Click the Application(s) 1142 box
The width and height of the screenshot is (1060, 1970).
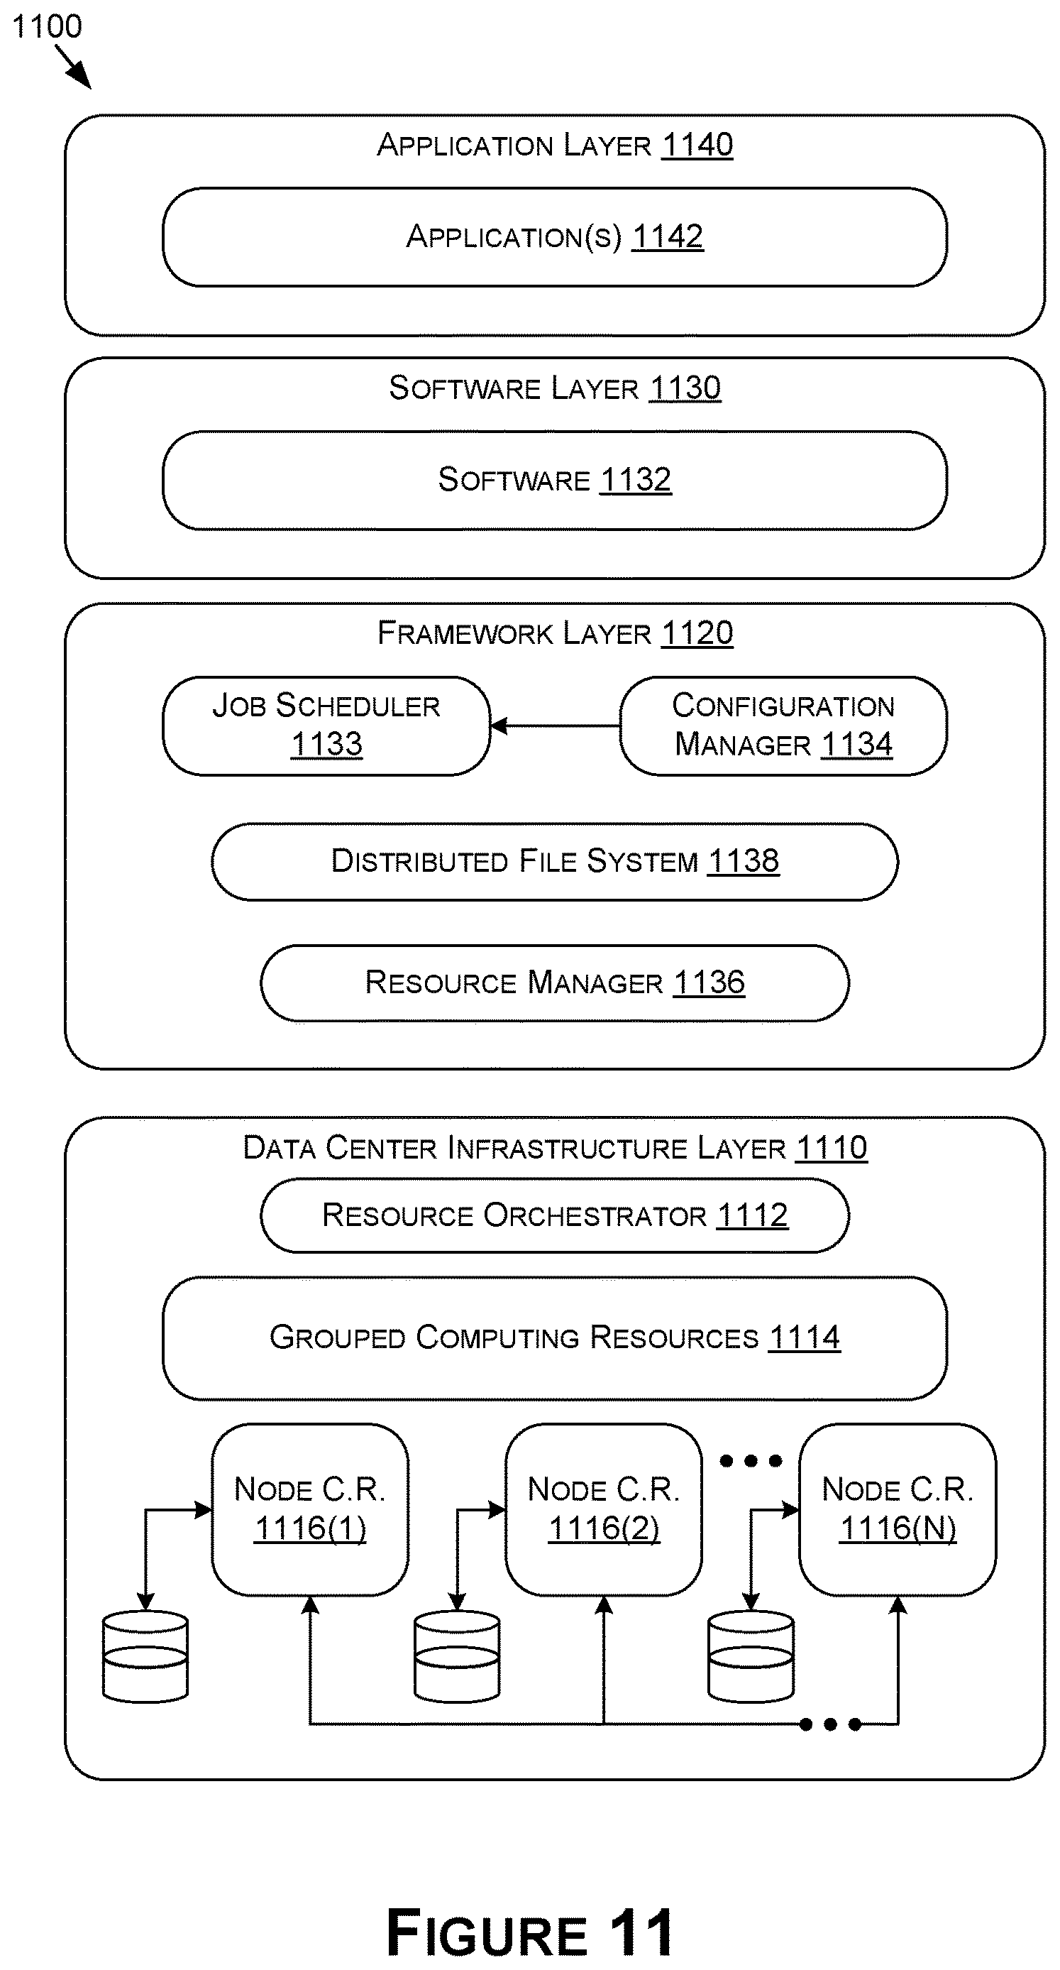point(555,237)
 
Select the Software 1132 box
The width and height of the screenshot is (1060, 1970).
point(555,481)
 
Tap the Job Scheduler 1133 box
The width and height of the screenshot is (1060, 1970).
point(326,726)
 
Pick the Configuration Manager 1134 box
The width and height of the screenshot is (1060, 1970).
point(783,726)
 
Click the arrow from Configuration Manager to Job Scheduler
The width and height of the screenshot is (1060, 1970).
point(555,726)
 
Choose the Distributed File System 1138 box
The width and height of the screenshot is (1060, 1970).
point(555,862)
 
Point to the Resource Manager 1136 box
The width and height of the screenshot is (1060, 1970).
point(555,983)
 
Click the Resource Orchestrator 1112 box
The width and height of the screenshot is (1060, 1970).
point(555,1215)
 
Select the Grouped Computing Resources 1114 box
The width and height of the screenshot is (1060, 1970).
point(555,1337)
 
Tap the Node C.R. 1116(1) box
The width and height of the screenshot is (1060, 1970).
point(310,1509)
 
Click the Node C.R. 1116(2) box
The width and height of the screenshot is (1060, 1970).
point(604,1509)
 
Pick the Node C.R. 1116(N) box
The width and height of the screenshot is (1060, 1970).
point(898,1509)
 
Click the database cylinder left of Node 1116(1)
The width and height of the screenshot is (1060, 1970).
point(145,1656)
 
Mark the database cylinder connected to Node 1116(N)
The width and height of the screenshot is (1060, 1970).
point(751,1656)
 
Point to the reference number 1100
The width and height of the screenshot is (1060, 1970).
point(47,27)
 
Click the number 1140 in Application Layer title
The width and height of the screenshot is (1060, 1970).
point(697,145)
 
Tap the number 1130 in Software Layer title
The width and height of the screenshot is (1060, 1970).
point(685,388)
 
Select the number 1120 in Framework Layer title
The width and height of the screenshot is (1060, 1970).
point(697,633)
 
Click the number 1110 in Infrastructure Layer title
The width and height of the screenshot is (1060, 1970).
point(832,1148)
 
